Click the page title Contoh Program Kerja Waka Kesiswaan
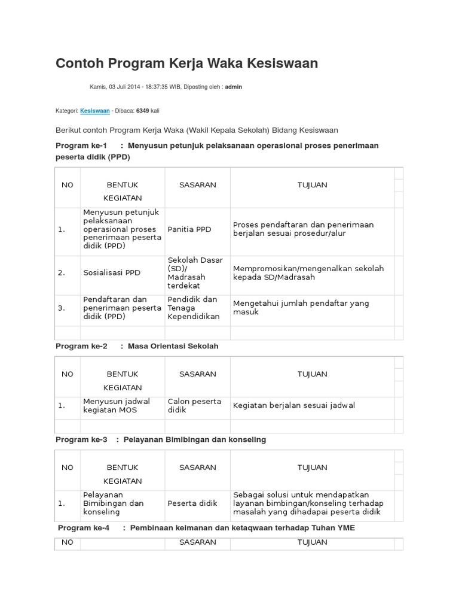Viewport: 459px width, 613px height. [x=186, y=63]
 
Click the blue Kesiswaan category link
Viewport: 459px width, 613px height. [x=94, y=111]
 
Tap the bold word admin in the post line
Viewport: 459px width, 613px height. [x=233, y=87]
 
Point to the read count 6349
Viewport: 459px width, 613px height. [x=142, y=111]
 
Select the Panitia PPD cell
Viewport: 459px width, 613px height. [x=189, y=229]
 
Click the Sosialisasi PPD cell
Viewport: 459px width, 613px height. [x=112, y=272]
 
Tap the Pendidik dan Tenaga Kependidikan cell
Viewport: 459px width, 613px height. [x=194, y=308]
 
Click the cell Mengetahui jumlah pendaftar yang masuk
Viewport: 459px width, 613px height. [x=301, y=308]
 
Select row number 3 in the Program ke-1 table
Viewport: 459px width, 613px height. [x=62, y=308]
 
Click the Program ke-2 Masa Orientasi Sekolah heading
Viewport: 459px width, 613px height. [x=137, y=346]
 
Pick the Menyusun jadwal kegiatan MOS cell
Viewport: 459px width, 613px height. [x=117, y=405]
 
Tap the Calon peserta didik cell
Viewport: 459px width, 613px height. [x=194, y=405]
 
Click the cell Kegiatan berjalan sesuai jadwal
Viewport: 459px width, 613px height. [x=293, y=405]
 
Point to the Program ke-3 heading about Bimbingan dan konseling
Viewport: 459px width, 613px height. [x=161, y=439]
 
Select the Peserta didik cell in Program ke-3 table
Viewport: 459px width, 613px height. [x=192, y=503]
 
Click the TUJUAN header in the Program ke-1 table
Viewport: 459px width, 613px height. [x=312, y=185]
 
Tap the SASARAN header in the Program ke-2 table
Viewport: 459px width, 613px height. [x=197, y=374]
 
